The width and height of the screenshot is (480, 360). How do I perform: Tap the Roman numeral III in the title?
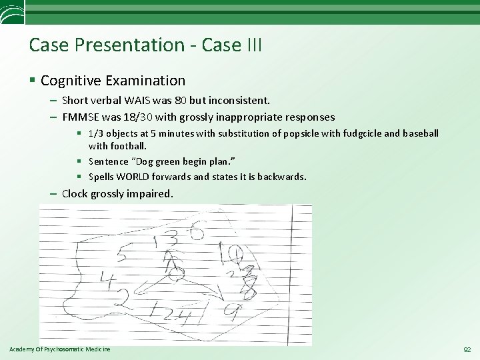click(251, 45)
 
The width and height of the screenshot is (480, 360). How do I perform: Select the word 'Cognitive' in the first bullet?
click(71, 81)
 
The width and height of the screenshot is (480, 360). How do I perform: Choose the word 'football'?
click(128, 145)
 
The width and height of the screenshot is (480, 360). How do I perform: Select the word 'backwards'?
click(281, 177)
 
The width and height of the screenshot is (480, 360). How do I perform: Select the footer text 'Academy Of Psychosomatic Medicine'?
click(60, 349)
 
